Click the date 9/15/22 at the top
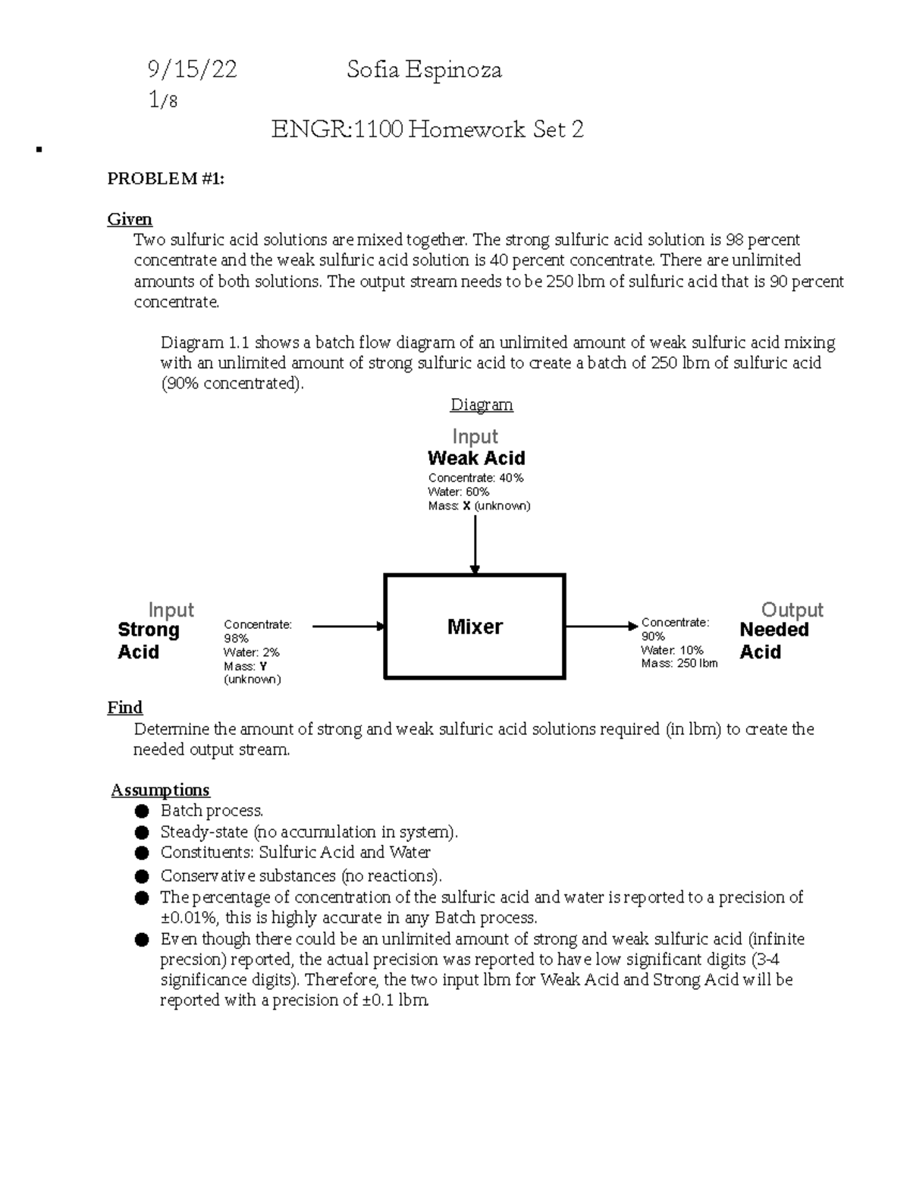(x=192, y=71)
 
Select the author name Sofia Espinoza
(x=424, y=71)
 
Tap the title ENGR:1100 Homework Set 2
(x=428, y=130)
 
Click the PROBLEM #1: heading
(x=166, y=179)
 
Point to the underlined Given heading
(x=130, y=219)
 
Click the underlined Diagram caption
(x=482, y=404)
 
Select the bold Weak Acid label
(x=476, y=458)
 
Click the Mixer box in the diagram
(x=475, y=627)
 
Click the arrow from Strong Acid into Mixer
(x=349, y=627)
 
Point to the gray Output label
(x=792, y=610)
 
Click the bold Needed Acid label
(x=773, y=641)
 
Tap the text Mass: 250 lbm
(x=679, y=664)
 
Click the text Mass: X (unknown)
(x=479, y=506)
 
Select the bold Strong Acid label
(x=149, y=641)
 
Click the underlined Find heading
(x=125, y=708)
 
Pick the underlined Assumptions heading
(x=160, y=790)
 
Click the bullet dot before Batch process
(x=141, y=812)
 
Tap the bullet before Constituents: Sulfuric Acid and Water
(x=141, y=853)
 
